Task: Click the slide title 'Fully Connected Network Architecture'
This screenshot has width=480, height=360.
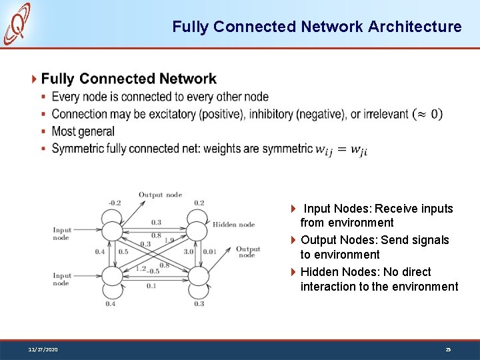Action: (317, 27)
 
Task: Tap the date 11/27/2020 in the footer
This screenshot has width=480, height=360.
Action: (43, 349)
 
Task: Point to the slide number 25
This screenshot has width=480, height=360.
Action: (448, 349)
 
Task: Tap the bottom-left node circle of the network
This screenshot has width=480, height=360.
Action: (113, 275)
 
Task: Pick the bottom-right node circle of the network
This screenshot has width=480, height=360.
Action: (197, 275)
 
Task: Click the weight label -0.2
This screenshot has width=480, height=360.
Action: (114, 203)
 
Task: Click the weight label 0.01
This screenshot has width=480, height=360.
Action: (210, 252)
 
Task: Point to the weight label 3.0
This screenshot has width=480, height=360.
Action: (189, 252)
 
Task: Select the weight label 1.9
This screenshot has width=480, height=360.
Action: (169, 240)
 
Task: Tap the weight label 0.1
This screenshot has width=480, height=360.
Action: (151, 285)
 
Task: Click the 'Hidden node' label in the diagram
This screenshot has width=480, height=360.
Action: (233, 225)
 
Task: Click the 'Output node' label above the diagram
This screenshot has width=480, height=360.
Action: (160, 195)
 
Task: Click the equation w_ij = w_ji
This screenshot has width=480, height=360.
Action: (341, 149)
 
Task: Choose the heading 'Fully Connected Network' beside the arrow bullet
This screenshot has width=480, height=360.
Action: (129, 79)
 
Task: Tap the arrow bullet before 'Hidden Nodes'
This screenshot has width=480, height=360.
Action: (294, 272)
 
